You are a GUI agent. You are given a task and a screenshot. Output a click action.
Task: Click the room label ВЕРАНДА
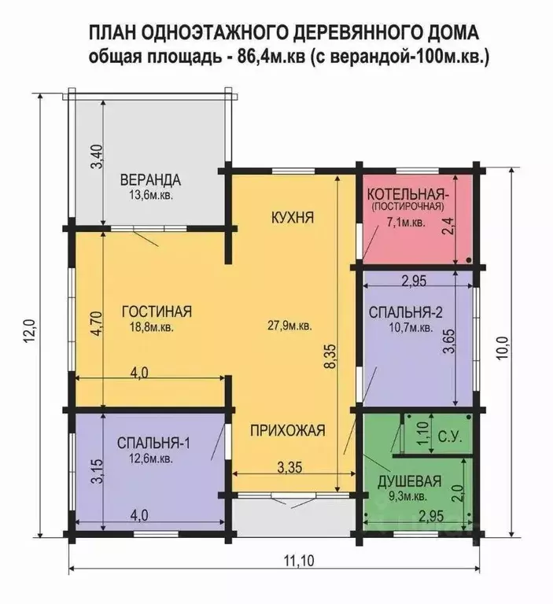[x=150, y=179]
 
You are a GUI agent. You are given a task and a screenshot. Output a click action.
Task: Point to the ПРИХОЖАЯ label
[x=287, y=430]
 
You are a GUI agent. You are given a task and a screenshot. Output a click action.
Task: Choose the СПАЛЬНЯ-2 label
[x=405, y=312]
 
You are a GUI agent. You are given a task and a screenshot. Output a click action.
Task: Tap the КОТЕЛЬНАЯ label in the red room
[x=407, y=193]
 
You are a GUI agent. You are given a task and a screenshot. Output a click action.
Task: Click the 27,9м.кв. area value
[x=289, y=325]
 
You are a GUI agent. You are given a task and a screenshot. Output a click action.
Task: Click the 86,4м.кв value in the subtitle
[x=270, y=57]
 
